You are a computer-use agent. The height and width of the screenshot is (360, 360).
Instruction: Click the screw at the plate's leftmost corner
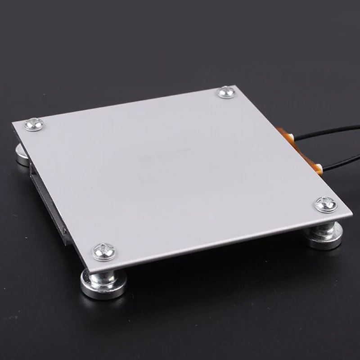point(34,124)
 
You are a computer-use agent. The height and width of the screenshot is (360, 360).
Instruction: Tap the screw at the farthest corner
point(225,93)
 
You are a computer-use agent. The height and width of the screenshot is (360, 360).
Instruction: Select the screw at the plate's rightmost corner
point(326,204)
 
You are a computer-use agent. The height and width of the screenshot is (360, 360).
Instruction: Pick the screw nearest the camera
point(103,252)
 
